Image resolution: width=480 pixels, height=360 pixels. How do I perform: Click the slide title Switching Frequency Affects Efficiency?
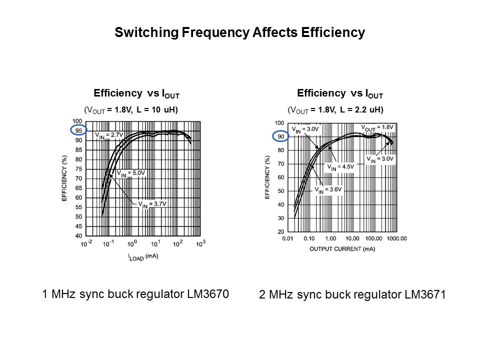click(240, 33)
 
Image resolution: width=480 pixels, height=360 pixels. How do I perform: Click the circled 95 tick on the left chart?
click(78, 130)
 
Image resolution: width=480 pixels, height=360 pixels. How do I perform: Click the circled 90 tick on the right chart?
click(280, 136)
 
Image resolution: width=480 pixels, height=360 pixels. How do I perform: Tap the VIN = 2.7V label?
click(109, 135)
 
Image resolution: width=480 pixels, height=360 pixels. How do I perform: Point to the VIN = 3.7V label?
click(152, 204)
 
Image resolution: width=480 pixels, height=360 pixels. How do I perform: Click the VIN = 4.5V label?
click(340, 167)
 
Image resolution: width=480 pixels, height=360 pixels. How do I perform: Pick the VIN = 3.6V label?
click(328, 190)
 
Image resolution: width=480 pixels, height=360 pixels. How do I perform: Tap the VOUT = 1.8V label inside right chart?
click(377, 127)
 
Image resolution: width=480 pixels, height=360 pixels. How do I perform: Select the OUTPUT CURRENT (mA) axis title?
click(342, 248)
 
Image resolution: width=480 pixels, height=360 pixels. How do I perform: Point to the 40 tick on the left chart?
click(78, 235)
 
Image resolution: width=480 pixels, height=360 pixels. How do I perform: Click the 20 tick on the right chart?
click(280, 231)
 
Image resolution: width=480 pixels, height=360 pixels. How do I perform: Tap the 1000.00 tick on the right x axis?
click(396, 239)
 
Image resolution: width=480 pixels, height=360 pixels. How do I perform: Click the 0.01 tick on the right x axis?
click(287, 239)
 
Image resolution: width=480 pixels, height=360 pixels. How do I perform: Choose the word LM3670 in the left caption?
click(206, 294)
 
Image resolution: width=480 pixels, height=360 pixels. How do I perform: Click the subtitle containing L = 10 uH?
click(131, 109)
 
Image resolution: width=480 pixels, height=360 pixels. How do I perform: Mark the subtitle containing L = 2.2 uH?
click(335, 109)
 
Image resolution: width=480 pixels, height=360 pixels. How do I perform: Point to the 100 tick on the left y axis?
click(77, 121)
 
